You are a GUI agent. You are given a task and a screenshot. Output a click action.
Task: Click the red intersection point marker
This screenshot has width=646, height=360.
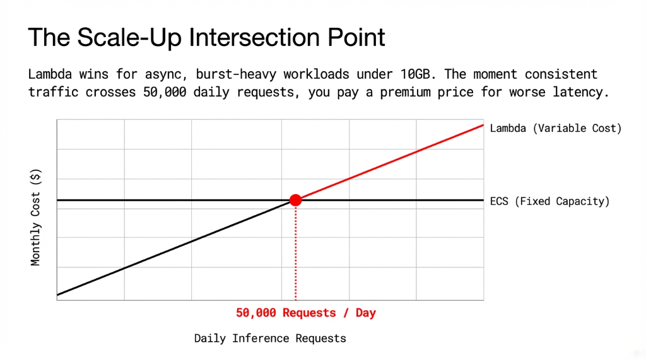click(x=295, y=200)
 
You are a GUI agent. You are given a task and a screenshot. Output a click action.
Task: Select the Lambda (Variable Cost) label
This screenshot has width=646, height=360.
click(x=555, y=128)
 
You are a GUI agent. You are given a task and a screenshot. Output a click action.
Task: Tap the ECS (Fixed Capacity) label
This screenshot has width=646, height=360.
click(x=549, y=202)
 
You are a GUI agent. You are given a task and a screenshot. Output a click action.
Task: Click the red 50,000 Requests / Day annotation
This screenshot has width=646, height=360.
click(x=306, y=313)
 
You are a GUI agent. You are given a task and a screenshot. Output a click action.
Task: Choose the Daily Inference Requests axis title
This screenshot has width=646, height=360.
click(x=270, y=339)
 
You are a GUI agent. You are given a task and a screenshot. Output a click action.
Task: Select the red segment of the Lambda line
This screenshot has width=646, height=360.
click(x=391, y=162)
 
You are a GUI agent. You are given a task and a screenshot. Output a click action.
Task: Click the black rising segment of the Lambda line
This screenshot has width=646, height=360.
click(x=177, y=247)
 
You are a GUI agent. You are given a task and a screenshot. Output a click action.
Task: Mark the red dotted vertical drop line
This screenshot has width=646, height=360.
click(x=295, y=252)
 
